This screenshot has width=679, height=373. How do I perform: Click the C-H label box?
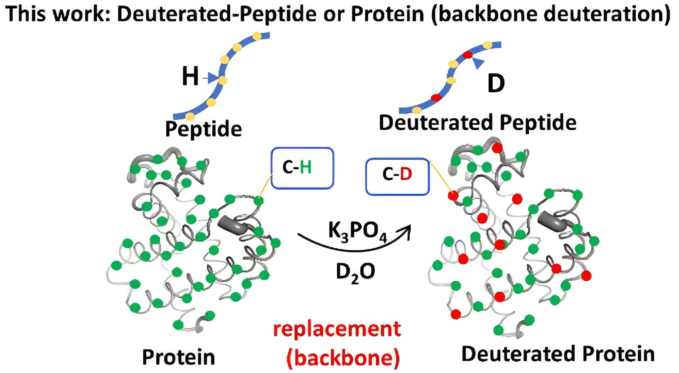(x=302, y=168)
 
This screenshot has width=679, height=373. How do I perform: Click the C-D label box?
(x=397, y=176)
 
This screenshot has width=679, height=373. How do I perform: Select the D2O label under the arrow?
(x=355, y=272)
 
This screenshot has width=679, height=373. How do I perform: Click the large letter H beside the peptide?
(x=190, y=76)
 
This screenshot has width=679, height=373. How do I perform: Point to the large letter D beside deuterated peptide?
(x=496, y=83)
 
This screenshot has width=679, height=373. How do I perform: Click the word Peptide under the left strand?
(x=204, y=129)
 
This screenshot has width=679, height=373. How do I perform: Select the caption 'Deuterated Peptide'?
(x=477, y=123)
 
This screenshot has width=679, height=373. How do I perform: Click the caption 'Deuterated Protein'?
(x=558, y=354)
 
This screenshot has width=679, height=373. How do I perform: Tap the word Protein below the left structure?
(x=179, y=357)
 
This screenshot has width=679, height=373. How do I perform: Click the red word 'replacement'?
(x=337, y=329)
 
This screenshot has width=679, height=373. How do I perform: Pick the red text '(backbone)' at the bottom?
(x=343, y=358)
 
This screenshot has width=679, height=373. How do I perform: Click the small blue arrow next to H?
(x=212, y=78)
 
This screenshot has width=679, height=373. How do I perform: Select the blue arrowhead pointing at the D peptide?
(x=479, y=63)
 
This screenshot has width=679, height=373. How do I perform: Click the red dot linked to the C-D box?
(x=453, y=195)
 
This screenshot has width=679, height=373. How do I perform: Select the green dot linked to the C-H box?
(x=258, y=201)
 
